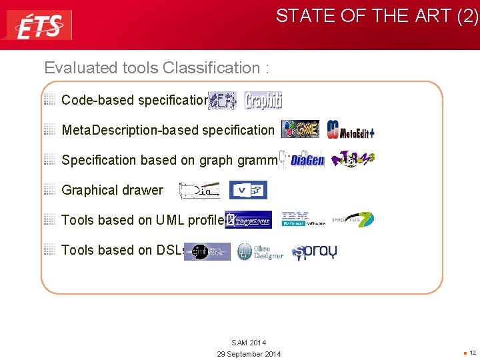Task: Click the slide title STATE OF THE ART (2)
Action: point(377,16)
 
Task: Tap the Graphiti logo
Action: point(263,101)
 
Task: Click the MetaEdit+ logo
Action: point(351,130)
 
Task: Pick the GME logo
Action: point(300,129)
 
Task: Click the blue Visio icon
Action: point(248,190)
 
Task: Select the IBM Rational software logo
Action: point(302,219)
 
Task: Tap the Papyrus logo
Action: point(353,219)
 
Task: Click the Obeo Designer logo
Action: point(260,251)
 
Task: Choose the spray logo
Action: point(314,251)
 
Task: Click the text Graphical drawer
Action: point(112,190)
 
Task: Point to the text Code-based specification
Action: point(134,100)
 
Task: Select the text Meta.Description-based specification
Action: point(167,130)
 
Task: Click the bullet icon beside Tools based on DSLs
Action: point(49,249)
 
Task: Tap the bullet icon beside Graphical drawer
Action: point(49,189)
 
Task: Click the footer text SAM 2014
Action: point(249,343)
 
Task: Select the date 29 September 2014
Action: point(249,353)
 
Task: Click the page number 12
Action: point(473,353)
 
